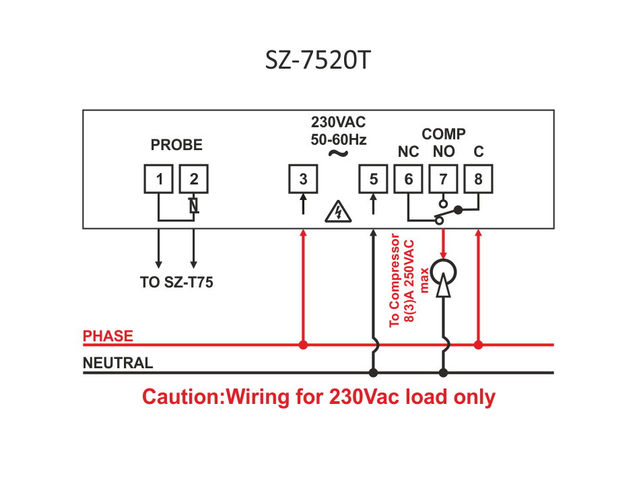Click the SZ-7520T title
click(318, 60)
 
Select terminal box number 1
click(158, 178)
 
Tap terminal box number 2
click(194, 178)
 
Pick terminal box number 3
click(303, 178)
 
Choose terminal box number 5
click(373, 178)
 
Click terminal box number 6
click(408, 178)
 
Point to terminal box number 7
click(443, 178)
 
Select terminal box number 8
click(478, 178)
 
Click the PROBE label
click(176, 145)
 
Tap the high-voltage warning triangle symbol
click(338, 211)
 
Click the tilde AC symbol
click(338, 153)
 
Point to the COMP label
click(444, 133)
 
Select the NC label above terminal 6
click(408, 151)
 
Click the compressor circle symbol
click(443, 273)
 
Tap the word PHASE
click(108, 336)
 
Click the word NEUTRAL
click(118, 363)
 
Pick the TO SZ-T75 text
click(176, 282)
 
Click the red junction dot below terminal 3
click(303, 345)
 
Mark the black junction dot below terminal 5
click(373, 372)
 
